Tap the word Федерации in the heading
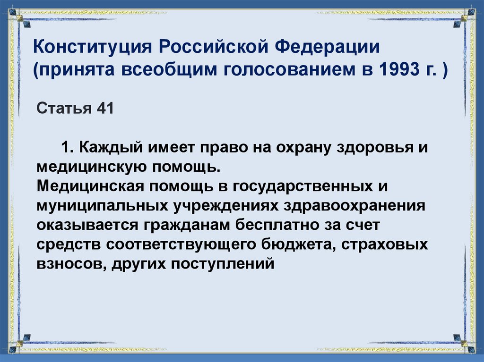pyautogui.click(x=327, y=48)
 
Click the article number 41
pyautogui.click(x=105, y=108)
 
